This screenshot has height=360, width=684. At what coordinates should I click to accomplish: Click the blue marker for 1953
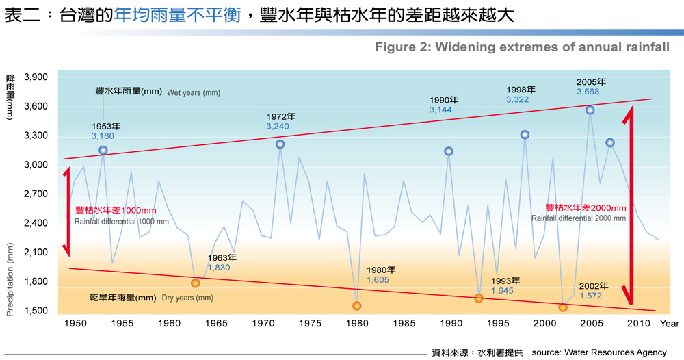[x=103, y=151]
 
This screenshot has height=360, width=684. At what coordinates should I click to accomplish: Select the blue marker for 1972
[x=280, y=144]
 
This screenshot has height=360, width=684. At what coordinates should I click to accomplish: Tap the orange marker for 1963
[x=196, y=283]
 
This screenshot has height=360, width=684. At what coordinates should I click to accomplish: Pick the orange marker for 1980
[x=356, y=306]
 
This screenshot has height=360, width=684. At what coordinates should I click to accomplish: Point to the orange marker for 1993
[x=479, y=298]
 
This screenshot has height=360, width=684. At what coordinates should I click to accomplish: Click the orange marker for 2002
[x=563, y=307]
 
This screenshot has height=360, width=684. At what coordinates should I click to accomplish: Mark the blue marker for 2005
[x=590, y=110]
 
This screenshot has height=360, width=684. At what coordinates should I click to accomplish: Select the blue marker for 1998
[x=525, y=135]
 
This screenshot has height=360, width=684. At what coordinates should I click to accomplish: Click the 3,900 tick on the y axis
[x=36, y=77]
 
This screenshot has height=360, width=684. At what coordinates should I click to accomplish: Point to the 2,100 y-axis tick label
[x=36, y=253]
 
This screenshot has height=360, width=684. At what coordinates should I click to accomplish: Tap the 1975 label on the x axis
[x=311, y=323]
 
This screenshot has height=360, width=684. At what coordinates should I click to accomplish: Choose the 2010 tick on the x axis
[x=638, y=323]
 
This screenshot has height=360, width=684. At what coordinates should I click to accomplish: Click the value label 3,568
[x=588, y=92]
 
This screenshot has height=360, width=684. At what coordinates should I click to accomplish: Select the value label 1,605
[x=378, y=280]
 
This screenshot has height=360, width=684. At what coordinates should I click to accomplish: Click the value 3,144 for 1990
[x=440, y=110]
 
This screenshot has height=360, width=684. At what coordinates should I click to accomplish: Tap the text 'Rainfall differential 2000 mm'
[x=579, y=218]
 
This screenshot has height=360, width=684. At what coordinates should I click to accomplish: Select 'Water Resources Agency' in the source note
[x=616, y=352]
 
